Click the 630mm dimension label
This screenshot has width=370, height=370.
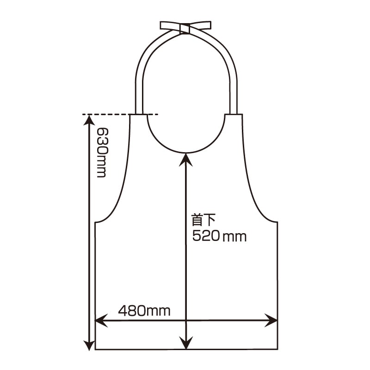coord(102,153)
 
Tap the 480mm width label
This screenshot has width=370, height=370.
coord(144,310)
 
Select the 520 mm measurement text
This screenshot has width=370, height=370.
coord(219,236)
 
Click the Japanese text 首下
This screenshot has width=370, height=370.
coord(203,220)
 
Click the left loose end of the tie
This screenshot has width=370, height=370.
coord(170,26)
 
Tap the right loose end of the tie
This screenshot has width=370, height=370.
coord(200,25)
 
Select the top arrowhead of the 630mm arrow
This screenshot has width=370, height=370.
coord(89,120)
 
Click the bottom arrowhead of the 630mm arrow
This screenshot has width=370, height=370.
coord(89,345)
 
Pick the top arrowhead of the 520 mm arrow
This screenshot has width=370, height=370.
coord(186,160)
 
